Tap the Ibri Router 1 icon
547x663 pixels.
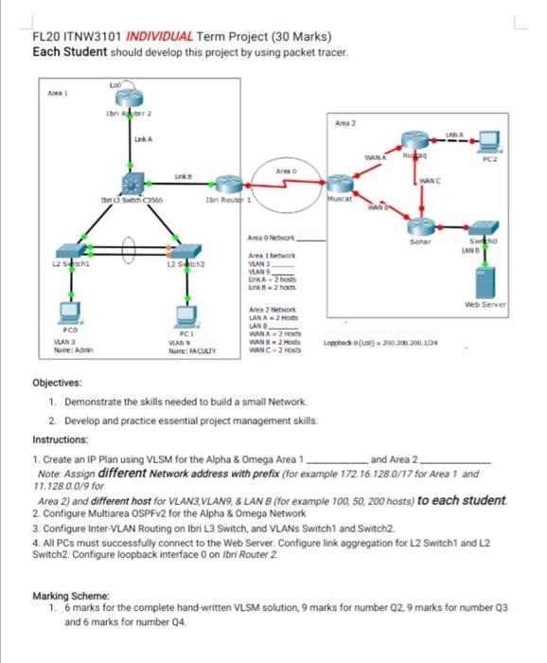point(228,184)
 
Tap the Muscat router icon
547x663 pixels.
point(338,185)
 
